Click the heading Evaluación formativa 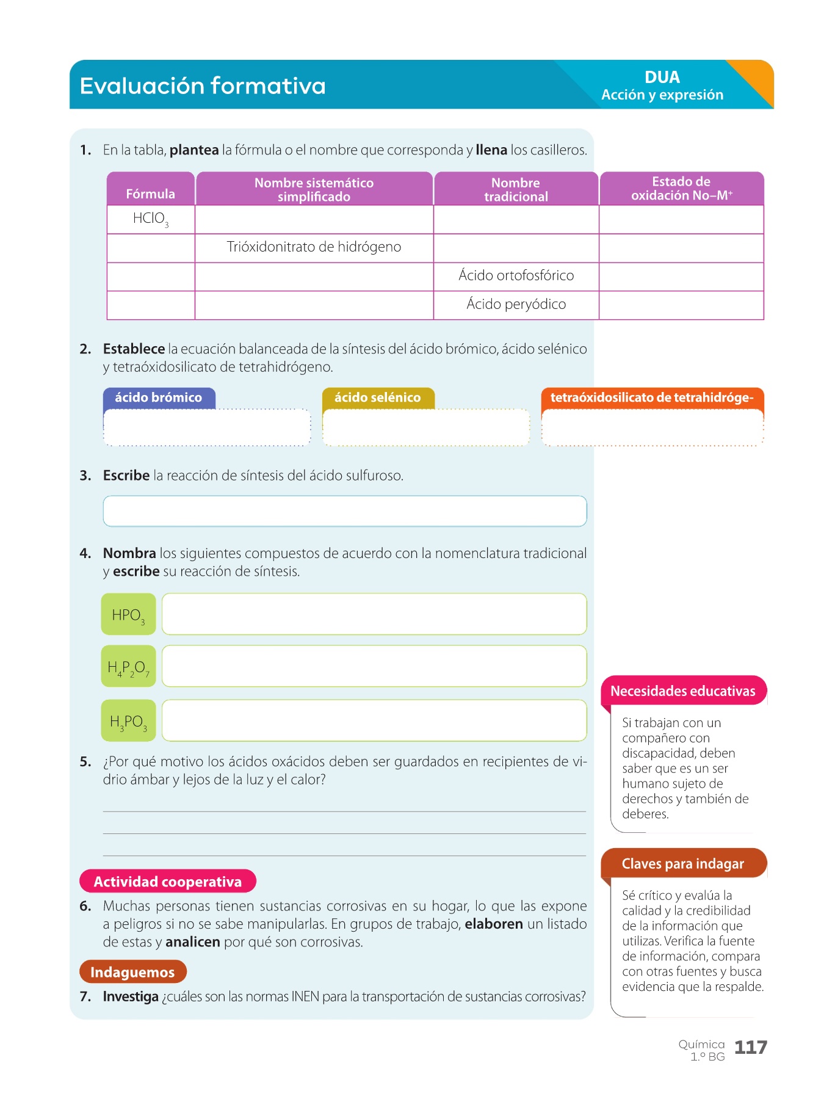[x=203, y=86]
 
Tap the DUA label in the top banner [x=662, y=78]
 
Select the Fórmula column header [x=150, y=194]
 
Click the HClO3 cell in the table [x=150, y=219]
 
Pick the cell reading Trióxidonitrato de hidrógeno [x=314, y=247]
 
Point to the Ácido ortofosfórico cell [x=516, y=276]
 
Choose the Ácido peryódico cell [x=516, y=304]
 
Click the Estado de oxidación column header [x=681, y=189]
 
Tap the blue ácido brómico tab [x=159, y=397]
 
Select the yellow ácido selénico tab [x=378, y=397]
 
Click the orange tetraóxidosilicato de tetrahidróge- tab [x=652, y=397]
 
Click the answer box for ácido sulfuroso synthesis [x=344, y=511]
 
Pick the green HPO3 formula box [x=128, y=614]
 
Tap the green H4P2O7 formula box [x=128, y=667]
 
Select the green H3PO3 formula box [x=128, y=721]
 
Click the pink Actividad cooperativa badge [x=167, y=881]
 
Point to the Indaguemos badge [x=132, y=972]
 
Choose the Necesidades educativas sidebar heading [x=682, y=691]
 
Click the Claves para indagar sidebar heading [x=682, y=864]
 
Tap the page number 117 [x=750, y=1048]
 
